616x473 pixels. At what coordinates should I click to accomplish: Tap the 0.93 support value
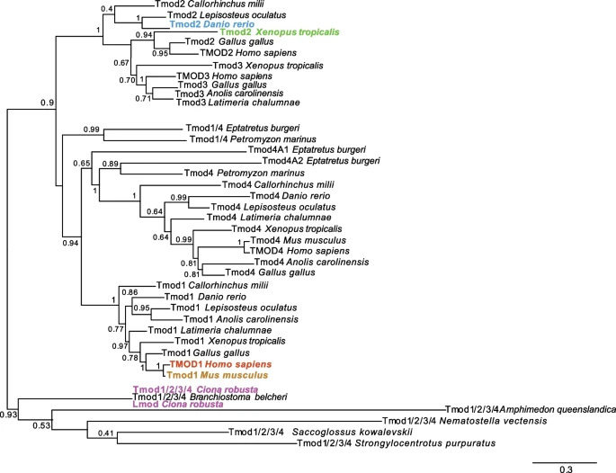pyautogui.click(x=11, y=414)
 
